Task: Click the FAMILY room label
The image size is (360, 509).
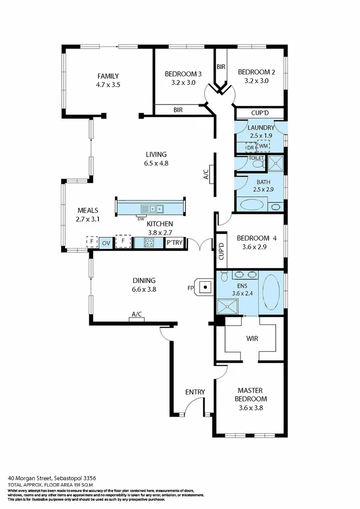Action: pos(108,76)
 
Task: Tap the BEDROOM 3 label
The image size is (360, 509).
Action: pos(183,74)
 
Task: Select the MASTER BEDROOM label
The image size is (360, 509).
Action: pos(250,394)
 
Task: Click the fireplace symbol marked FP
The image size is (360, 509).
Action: pos(206,286)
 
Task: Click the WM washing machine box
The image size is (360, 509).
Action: pos(263,147)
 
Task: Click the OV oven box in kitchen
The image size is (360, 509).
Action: pos(106,243)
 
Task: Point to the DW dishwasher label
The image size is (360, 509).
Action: pos(140,218)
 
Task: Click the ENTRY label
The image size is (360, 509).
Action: pos(195,392)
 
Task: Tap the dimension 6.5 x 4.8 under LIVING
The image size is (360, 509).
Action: pos(156,163)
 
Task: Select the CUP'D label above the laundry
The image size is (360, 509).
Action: pos(260,113)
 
